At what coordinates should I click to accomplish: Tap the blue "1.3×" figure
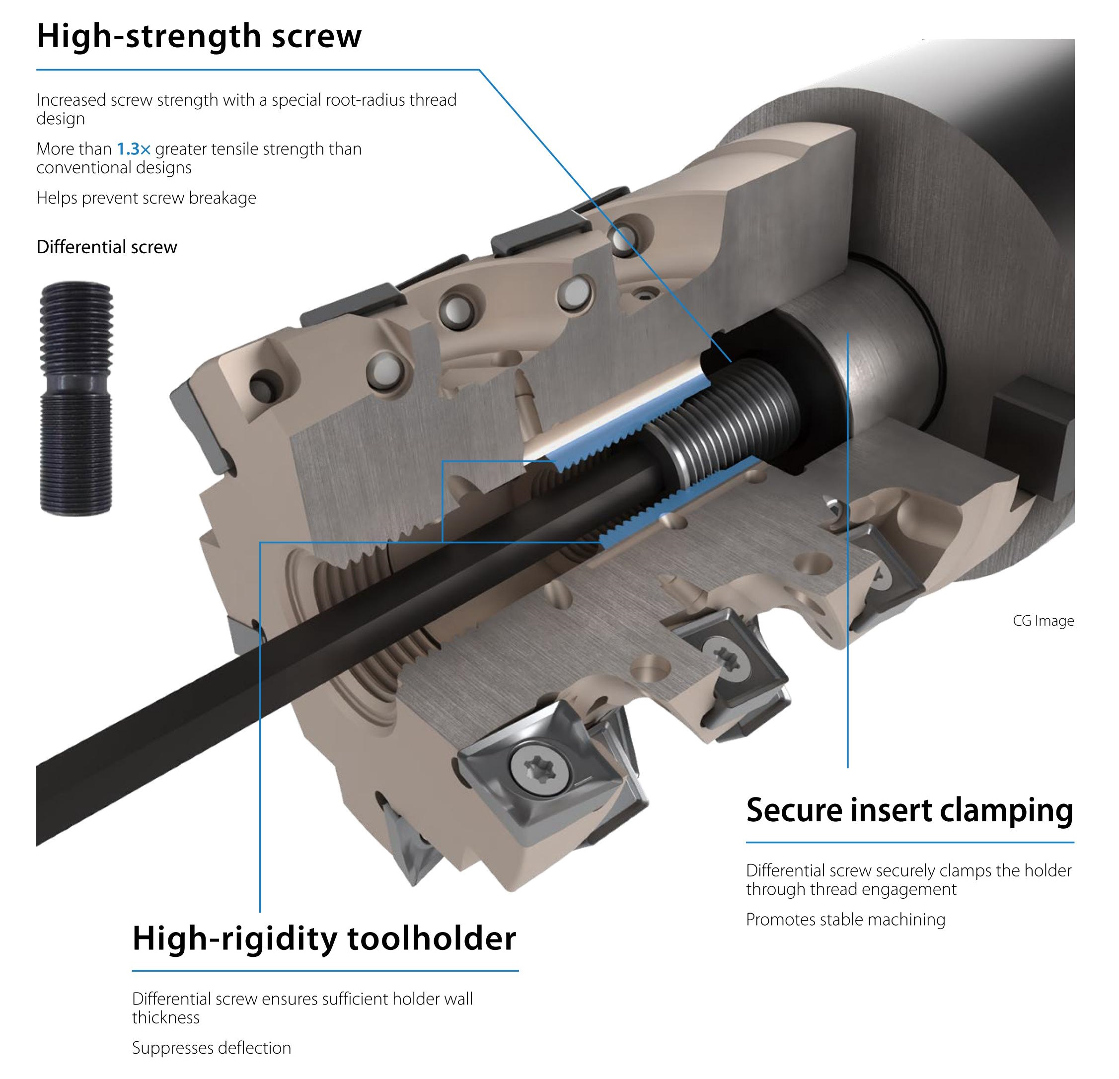click(x=134, y=149)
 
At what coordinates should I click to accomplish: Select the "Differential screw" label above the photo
click(x=107, y=247)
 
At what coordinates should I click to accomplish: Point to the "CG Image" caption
click(x=1043, y=621)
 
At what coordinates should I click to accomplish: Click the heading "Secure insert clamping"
click(x=910, y=811)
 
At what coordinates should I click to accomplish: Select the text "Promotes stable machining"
click(x=845, y=919)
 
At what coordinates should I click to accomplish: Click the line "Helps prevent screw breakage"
click(x=146, y=198)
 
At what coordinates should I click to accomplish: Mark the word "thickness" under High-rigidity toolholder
click(x=165, y=1017)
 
